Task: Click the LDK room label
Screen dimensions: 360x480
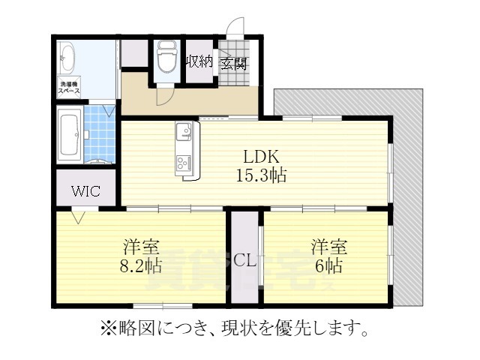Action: tap(260, 157)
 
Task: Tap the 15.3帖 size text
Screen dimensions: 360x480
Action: tap(260, 177)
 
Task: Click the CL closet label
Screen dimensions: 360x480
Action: tap(244, 260)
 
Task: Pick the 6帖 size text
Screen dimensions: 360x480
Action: tap(328, 265)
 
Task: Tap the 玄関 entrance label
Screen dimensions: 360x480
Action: tap(233, 63)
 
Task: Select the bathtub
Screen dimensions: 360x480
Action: tap(70, 135)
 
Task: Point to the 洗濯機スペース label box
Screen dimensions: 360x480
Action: tap(70, 85)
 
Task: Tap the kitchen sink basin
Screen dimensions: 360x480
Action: tap(184, 133)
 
